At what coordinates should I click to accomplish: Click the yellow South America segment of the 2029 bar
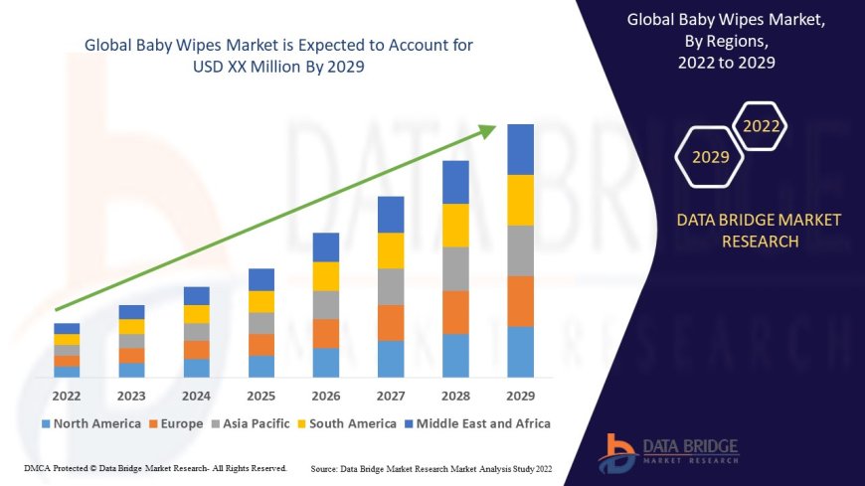point(520,200)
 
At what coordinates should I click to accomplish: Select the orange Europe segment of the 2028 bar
point(455,312)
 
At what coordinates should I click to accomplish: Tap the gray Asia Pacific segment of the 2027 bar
point(391,286)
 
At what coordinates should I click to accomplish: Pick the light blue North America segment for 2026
point(326,362)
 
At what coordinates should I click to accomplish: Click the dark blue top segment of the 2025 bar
point(261,279)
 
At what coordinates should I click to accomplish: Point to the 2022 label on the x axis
point(67,395)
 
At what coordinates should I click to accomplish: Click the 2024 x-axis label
point(197,395)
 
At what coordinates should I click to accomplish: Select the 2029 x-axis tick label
point(520,395)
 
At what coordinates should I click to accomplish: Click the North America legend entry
point(90,423)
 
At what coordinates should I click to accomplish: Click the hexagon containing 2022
point(762,126)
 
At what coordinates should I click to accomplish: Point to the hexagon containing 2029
point(710,157)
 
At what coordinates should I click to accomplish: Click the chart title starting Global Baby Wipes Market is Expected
point(278,55)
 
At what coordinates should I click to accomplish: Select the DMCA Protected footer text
point(155,467)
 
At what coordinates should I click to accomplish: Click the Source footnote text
point(432,467)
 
